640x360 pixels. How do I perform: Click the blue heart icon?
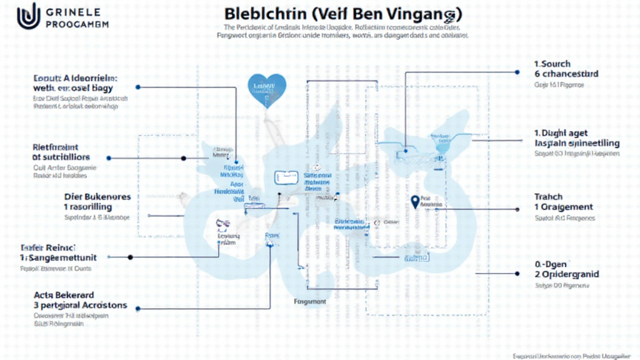click(x=267, y=86)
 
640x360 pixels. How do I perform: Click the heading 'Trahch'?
click(x=549, y=197)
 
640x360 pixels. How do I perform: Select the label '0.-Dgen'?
click(x=551, y=264)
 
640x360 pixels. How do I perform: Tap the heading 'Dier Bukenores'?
click(x=97, y=196)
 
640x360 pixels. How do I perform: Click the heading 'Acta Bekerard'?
click(x=64, y=294)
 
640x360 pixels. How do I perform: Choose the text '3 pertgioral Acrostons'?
click(x=81, y=305)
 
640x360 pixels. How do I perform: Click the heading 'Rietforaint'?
click(x=57, y=147)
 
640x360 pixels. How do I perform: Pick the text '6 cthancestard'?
click(x=566, y=74)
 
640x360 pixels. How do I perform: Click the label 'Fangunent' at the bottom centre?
click(x=310, y=301)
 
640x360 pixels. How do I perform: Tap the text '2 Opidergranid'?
click(x=567, y=274)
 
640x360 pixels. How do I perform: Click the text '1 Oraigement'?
click(x=564, y=207)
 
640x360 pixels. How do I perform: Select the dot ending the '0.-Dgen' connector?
click(x=518, y=273)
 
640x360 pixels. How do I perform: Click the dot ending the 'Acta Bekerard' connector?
click(x=137, y=308)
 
